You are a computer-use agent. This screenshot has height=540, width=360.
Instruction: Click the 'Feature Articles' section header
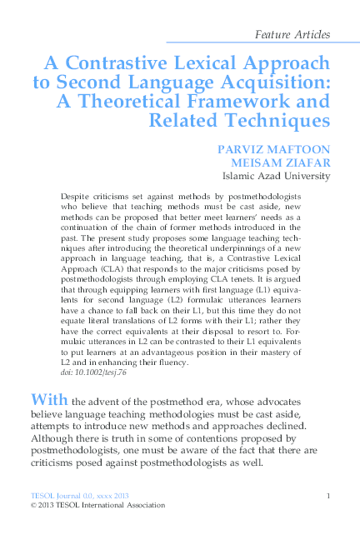[x=292, y=35]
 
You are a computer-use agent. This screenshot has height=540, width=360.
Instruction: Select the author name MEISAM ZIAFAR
[x=286, y=163]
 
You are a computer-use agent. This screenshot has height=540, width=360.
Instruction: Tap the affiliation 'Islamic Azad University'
[x=276, y=177]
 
